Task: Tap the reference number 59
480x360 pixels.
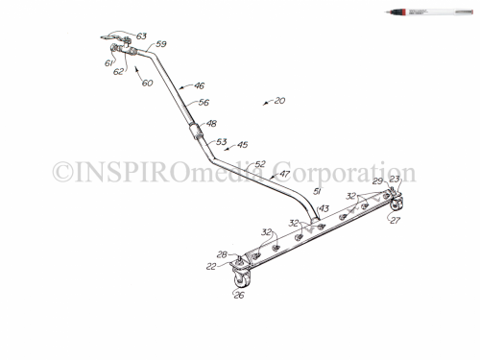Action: coord(161,44)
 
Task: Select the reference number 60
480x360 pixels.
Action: coord(147,83)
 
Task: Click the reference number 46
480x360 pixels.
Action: coord(200,86)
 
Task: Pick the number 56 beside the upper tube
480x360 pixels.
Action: coord(204,103)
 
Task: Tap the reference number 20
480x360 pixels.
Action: coord(279,101)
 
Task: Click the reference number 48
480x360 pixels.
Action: coord(212,124)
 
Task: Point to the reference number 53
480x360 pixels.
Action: coord(221,141)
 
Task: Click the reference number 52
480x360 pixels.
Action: coord(260,164)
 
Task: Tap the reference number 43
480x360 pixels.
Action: coord(324,208)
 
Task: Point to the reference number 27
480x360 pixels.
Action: coord(394,220)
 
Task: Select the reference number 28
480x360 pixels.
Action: coord(221,255)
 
